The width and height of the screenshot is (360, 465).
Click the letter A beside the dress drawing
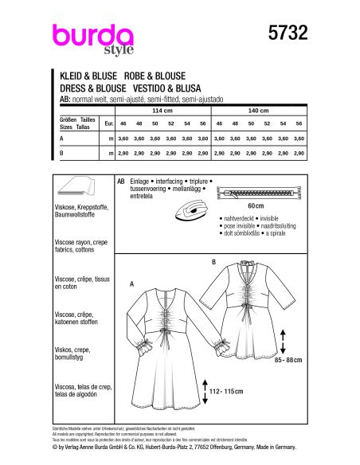131,283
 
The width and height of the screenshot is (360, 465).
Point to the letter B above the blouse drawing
213,260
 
